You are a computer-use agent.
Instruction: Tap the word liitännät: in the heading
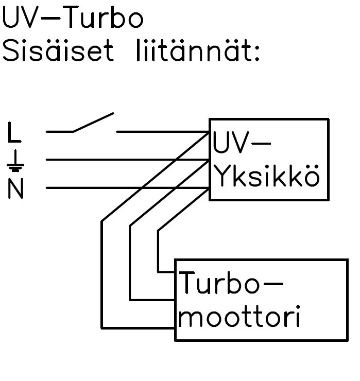point(198,52)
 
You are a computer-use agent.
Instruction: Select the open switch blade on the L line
point(93,122)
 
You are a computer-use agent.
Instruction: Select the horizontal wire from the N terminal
point(124,188)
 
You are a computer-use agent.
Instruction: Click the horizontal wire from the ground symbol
point(124,160)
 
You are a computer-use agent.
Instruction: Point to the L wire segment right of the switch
point(160,131)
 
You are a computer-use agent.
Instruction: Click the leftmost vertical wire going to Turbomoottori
point(102,273)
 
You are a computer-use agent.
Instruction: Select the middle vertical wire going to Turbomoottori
point(130,263)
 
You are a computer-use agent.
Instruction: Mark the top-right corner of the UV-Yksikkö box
point(328,119)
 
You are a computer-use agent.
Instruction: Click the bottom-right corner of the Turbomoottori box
point(348,340)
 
